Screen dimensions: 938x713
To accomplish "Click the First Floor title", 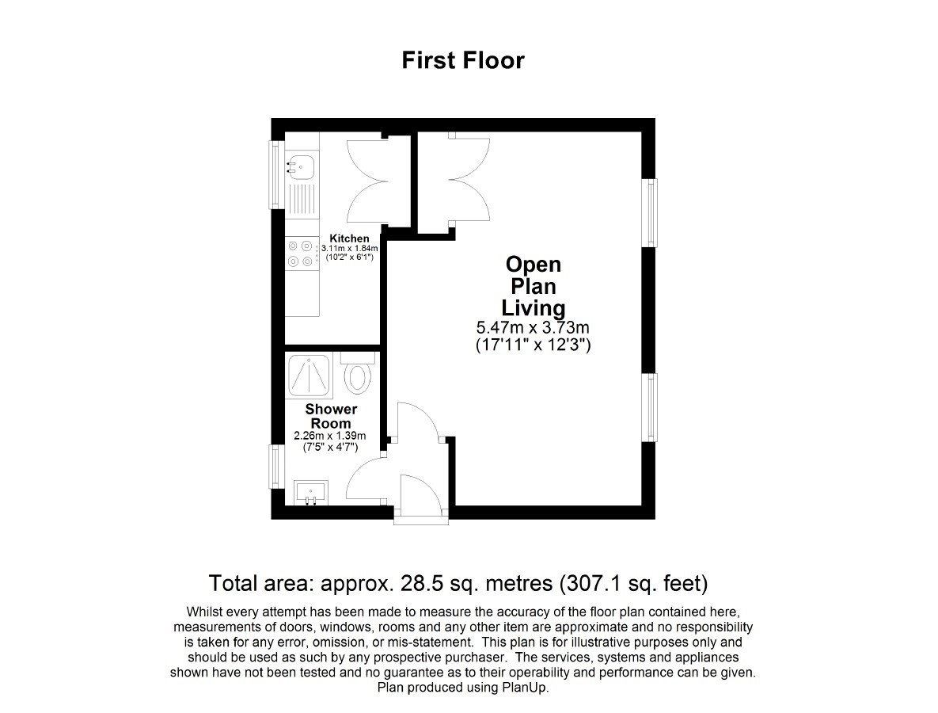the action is pos(463,60).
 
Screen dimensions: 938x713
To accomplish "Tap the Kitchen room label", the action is pos(349,238).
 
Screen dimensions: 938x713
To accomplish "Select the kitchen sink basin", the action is pos(302,166).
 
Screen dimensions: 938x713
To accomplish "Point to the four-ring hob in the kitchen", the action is pos(300,254).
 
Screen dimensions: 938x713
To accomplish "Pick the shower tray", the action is pos(310,376).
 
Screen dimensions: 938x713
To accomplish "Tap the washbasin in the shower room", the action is pos(310,493).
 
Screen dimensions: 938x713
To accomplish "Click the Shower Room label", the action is pos(331,416).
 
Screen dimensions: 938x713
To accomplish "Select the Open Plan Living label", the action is pos(533,286).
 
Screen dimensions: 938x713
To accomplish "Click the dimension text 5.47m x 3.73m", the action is pos(533,328).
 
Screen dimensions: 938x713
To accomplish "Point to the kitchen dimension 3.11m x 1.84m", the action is pos(349,248).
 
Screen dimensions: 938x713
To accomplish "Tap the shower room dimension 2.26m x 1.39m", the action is pos(330,436).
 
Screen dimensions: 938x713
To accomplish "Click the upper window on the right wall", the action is pos(650,212).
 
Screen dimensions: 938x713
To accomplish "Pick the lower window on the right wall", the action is pos(650,408).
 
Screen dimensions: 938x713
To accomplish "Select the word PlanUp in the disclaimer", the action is pos(524,688).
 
